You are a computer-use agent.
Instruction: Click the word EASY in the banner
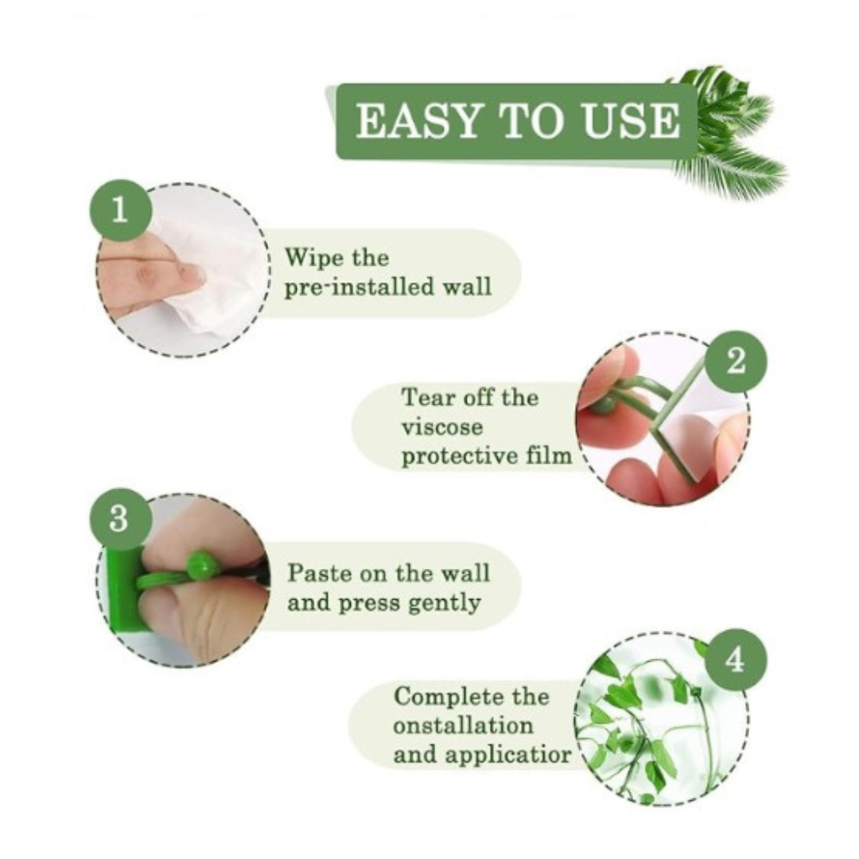pos(418,121)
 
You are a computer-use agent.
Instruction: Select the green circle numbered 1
pos(120,210)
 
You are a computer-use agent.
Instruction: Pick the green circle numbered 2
pos(736,362)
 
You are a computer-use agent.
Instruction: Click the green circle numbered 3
pos(119,519)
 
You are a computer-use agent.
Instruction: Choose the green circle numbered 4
pos(735,659)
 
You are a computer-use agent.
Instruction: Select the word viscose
pos(442,427)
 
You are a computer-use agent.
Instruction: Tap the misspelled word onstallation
pos(463,726)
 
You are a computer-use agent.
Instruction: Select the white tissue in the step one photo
pos(211,274)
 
